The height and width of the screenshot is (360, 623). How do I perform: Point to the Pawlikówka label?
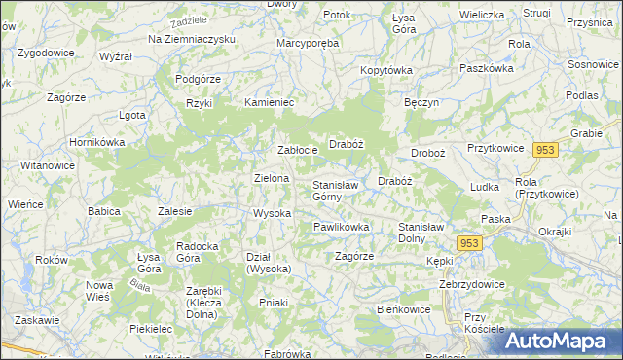click(341, 227)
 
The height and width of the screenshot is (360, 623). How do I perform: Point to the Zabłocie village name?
click(297, 150)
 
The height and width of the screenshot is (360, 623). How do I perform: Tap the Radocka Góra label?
click(202, 252)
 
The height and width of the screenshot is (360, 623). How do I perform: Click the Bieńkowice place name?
click(404, 308)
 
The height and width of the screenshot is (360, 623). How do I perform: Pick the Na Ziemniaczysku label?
click(192, 38)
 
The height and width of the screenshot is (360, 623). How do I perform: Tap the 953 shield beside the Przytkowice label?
click(545, 149)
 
